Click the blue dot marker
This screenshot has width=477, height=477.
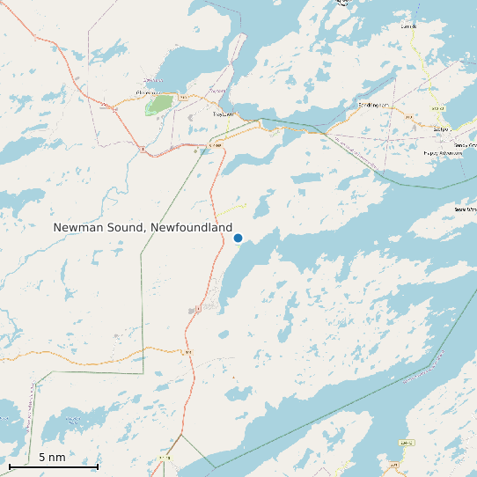click(238, 238)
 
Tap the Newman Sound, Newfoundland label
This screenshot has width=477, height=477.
click(143, 227)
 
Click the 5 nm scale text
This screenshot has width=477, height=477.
click(52, 458)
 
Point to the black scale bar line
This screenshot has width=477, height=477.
click(53, 466)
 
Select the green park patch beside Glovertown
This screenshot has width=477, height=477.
click(159, 104)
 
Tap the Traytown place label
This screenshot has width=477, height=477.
click(224, 114)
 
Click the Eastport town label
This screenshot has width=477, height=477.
click(442, 128)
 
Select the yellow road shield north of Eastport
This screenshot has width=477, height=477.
click(437, 107)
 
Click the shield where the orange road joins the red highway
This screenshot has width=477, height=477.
click(187, 352)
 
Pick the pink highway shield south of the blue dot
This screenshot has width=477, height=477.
click(199, 308)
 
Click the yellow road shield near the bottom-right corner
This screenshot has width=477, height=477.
click(406, 443)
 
